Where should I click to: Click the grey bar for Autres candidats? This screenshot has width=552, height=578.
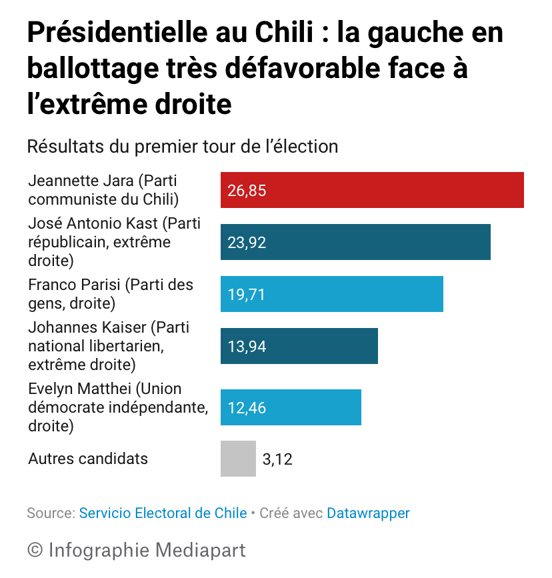238,459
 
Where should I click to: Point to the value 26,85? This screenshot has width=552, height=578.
247,191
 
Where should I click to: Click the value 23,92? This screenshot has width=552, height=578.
247,243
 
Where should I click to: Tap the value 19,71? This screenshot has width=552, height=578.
247,295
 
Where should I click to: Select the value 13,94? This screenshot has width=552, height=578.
247,347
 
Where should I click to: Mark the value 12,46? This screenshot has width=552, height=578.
247,408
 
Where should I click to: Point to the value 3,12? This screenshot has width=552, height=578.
277,459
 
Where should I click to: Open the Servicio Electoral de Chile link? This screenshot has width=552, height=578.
163,513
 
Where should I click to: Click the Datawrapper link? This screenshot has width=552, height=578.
368,513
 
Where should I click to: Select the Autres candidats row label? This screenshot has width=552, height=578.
88,459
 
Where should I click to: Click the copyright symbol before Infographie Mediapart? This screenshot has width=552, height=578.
35,550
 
